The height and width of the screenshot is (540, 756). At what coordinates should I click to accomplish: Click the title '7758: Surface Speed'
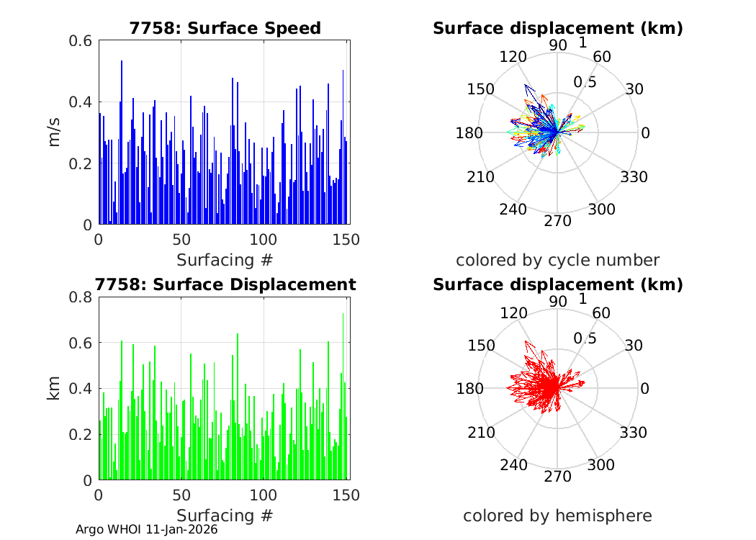click(x=225, y=28)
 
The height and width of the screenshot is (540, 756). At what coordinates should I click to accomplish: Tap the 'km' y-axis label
click(x=55, y=388)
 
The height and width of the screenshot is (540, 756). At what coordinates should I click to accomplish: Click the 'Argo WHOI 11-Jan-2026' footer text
click(x=146, y=529)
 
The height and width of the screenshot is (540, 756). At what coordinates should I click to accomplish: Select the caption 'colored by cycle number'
click(x=557, y=260)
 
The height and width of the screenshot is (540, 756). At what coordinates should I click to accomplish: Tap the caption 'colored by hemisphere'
click(x=557, y=516)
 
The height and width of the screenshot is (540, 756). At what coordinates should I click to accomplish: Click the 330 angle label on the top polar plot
click(x=634, y=177)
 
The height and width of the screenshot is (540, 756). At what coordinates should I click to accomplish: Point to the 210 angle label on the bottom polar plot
click(x=481, y=433)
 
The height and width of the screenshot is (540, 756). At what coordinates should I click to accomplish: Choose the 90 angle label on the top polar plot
click(x=558, y=45)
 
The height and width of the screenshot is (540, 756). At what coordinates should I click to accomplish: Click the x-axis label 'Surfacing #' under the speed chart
click(x=225, y=259)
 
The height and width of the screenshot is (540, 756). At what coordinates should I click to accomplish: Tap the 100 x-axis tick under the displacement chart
click(x=264, y=495)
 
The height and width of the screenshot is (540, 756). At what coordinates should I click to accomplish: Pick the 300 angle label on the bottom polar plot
click(x=601, y=465)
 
